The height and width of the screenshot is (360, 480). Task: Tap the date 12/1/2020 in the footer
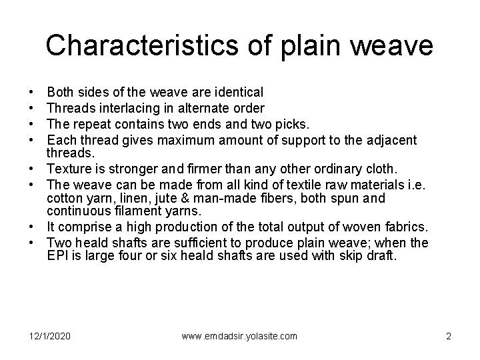coord(49,336)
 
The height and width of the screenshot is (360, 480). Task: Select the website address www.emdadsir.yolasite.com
coord(239,336)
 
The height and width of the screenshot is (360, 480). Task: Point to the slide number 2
coord(449,336)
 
